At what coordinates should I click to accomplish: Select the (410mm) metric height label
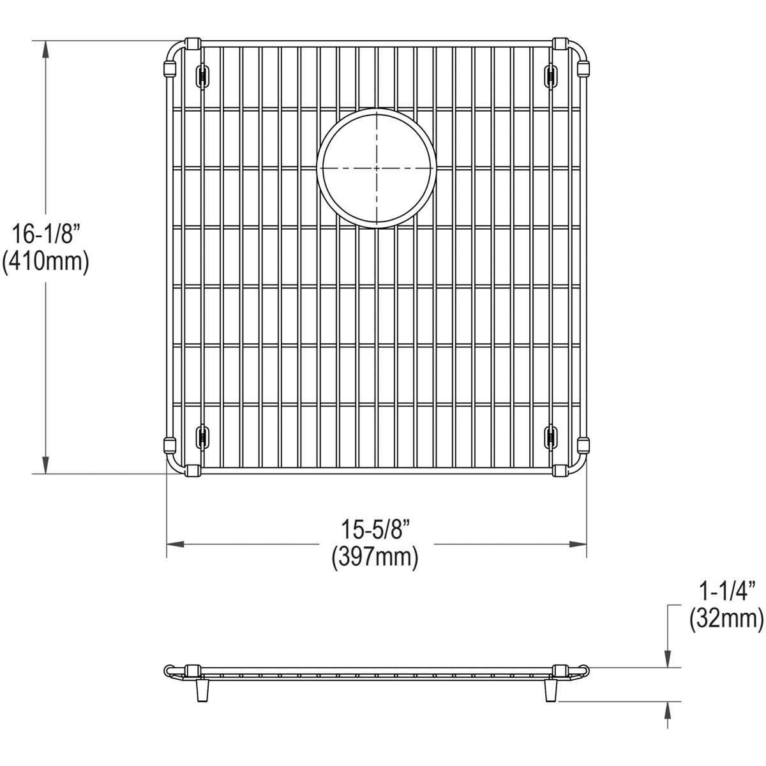point(45,262)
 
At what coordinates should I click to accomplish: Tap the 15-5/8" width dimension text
point(375,530)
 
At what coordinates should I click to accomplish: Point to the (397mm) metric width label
point(375,558)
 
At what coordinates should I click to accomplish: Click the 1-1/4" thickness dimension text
point(726,591)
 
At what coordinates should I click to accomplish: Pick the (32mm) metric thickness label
point(726,619)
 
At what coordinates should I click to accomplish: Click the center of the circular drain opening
point(377,168)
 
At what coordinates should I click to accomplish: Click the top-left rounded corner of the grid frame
point(174,50)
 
